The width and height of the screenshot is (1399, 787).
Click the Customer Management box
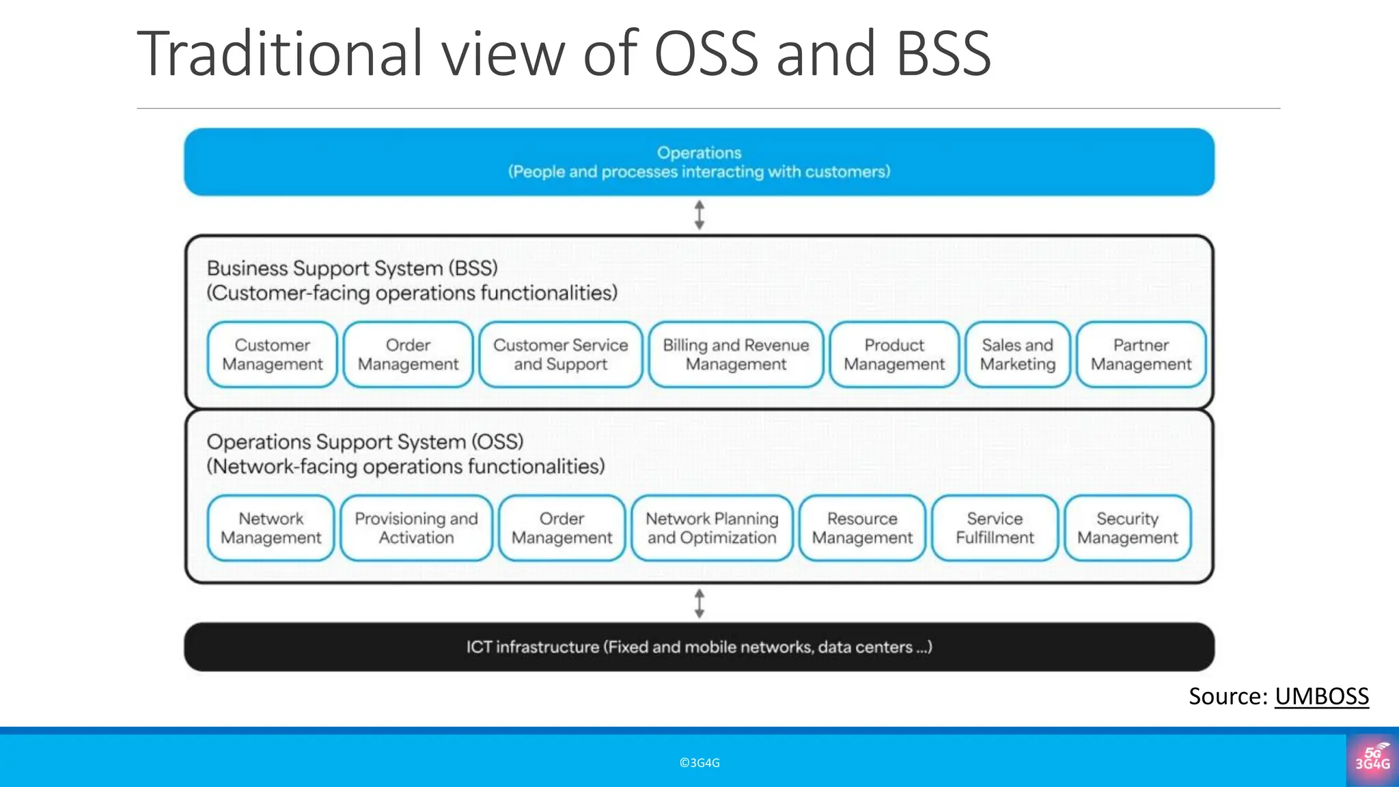click(x=272, y=355)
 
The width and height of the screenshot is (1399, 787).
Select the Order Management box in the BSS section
click(x=408, y=355)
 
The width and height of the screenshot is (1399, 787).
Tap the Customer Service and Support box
click(x=560, y=355)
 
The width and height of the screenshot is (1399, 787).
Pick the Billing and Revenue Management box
click(x=736, y=355)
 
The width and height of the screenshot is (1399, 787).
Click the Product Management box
click(x=894, y=355)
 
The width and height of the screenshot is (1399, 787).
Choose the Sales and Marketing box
click(x=1017, y=355)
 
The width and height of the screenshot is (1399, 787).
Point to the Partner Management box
click(x=1141, y=355)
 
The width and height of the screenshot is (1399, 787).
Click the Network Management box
click(x=271, y=528)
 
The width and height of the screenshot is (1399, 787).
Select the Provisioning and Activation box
click(x=416, y=528)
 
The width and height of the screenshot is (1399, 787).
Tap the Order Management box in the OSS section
click(x=562, y=528)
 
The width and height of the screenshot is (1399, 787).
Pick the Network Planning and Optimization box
click(x=712, y=528)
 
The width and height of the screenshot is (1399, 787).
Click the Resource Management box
click(x=862, y=528)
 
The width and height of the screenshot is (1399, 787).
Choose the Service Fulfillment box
click(x=995, y=528)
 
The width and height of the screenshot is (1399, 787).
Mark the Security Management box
click(x=1127, y=528)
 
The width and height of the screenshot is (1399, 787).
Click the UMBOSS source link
click(x=1321, y=696)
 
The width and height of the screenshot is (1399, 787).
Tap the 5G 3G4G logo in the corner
click(x=1372, y=759)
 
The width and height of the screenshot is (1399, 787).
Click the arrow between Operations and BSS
click(x=699, y=215)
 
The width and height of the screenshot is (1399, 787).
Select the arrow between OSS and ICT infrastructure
click(x=699, y=603)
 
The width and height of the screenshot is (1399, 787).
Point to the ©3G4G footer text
click(x=699, y=763)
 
